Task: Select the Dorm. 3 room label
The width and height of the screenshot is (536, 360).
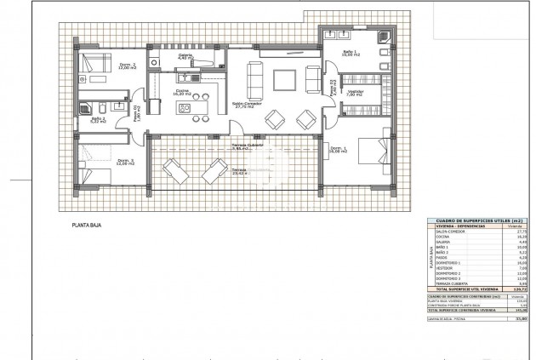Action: [x=124, y=163]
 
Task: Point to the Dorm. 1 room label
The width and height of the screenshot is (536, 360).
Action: [x=338, y=150]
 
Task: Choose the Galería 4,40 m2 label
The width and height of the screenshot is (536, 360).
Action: [x=185, y=57]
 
